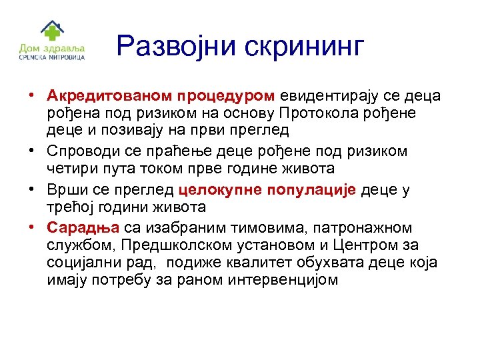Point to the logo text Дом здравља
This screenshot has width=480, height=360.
(x=52, y=49)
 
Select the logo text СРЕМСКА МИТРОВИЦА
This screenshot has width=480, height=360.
(x=52, y=59)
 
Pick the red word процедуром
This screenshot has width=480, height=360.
(x=227, y=96)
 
